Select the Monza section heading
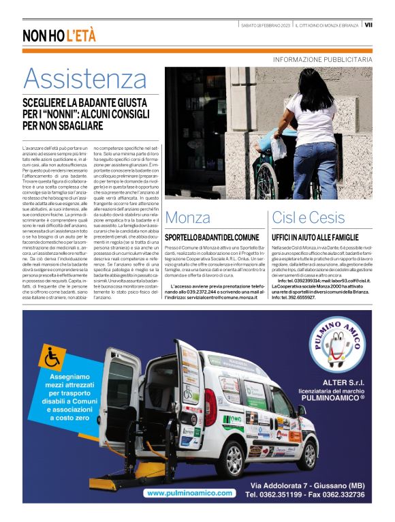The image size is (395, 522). [188, 218]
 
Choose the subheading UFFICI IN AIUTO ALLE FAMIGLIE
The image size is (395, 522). [314, 236]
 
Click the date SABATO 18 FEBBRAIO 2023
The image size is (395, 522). [266, 25]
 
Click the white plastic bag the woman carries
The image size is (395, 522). [279, 145]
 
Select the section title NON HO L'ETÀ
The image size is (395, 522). [59, 35]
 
